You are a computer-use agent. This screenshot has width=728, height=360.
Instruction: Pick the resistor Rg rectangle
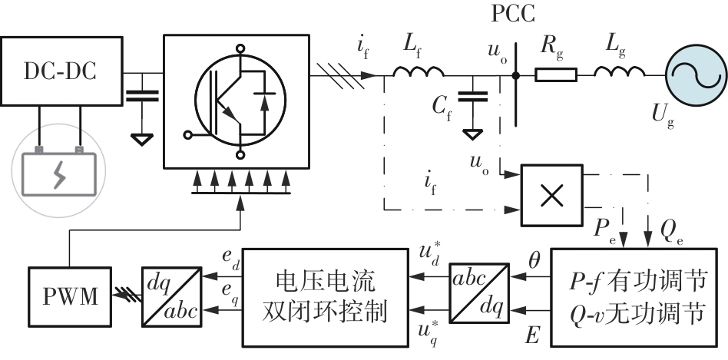pos(555,75)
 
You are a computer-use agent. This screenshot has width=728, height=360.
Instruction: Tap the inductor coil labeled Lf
pos(419,73)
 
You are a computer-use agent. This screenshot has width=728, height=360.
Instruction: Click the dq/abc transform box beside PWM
pos(171,296)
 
